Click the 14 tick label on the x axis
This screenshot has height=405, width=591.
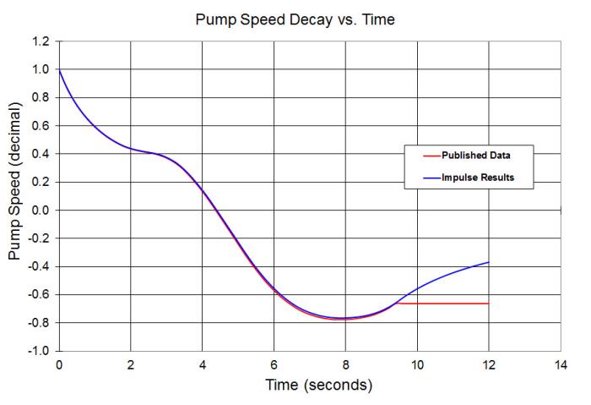560,364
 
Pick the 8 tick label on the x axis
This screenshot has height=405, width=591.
345,364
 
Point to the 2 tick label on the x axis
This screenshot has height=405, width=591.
130,364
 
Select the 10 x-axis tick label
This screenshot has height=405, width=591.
416,364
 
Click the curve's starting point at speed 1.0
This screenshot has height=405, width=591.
59,69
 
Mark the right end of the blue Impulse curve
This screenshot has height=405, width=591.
488,262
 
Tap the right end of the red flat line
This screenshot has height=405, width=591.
488,303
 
